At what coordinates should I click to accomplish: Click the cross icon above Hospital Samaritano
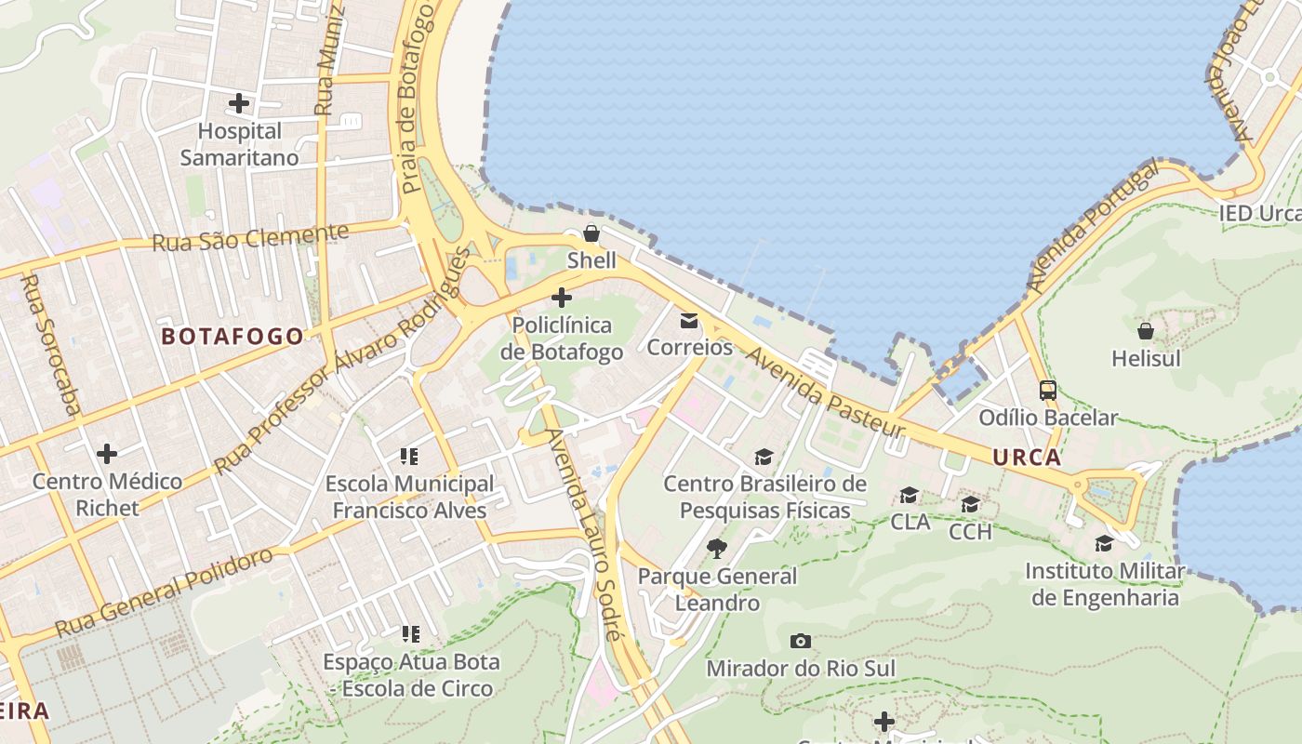239,103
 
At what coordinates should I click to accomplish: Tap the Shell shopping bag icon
591,233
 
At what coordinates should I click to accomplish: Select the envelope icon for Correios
689,321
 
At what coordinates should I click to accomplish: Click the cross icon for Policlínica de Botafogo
562,298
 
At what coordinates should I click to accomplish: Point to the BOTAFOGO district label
232,337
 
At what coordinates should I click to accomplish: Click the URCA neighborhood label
1027,458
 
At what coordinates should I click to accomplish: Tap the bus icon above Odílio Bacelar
1048,391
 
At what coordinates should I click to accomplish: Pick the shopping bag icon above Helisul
1146,331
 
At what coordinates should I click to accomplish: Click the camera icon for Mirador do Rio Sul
800,642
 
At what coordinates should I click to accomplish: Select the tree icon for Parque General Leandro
716,549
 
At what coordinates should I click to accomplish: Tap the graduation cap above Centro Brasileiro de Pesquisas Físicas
764,458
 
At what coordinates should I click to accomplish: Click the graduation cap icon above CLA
910,495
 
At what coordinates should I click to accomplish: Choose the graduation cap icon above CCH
970,505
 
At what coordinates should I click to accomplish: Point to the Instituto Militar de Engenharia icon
1104,543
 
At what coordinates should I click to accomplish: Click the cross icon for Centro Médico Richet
107,454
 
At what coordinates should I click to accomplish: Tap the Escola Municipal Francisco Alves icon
409,457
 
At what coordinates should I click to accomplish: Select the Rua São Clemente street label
250,238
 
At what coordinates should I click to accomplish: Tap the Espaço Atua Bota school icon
410,634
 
